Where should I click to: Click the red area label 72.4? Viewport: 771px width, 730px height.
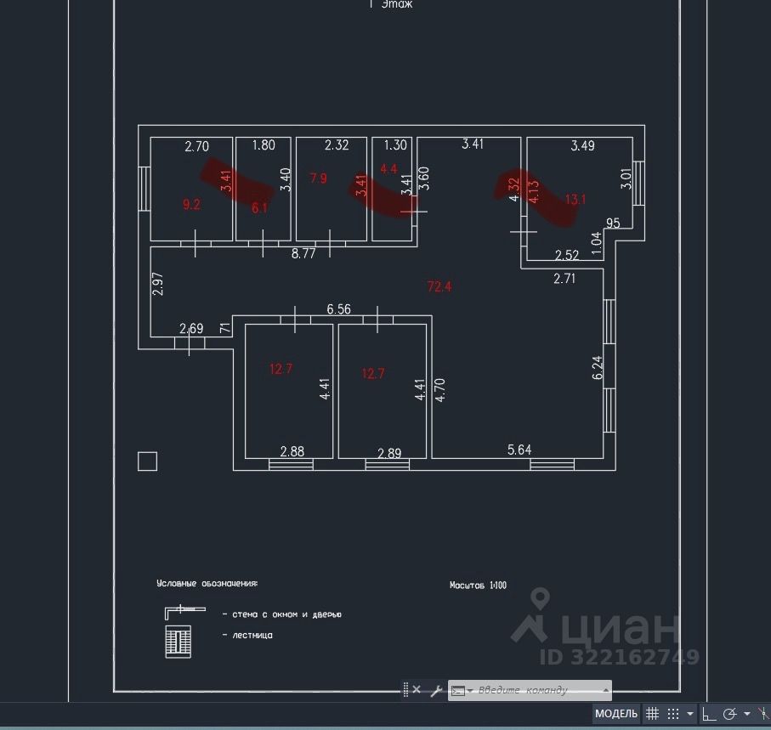point(439,286)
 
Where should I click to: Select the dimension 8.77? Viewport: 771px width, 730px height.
point(303,252)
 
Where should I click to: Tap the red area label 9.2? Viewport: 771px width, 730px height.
point(191,204)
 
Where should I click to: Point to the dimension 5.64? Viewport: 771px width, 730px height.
point(519,450)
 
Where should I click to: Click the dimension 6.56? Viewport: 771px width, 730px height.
point(338,310)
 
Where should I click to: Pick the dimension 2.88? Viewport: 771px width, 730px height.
point(292,451)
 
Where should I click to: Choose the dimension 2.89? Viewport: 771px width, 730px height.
point(388,452)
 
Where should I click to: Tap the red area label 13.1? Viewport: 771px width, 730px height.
point(576,200)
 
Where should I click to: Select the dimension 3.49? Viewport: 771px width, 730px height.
point(582,145)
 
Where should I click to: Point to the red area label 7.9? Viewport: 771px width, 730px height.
point(318,178)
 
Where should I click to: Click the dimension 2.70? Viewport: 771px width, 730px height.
point(196,146)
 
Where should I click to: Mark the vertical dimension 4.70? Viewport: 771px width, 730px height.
point(439,388)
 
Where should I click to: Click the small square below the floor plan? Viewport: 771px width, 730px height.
point(148,461)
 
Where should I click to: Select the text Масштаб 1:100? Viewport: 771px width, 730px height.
point(478,585)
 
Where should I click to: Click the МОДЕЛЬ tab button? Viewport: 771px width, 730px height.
point(615,713)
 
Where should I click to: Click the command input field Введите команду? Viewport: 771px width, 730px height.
point(536,690)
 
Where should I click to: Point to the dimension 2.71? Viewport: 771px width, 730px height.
point(564,277)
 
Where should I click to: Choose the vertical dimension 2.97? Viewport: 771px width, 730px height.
point(156,284)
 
